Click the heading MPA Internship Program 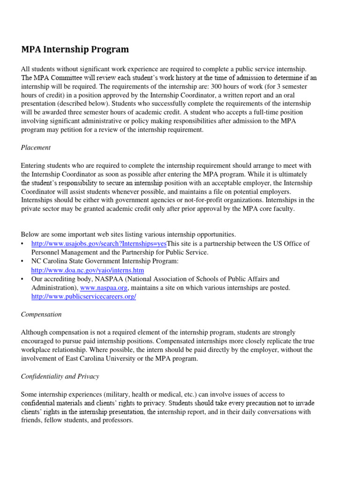(75, 49)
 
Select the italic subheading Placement (36, 147)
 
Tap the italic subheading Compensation (41, 314)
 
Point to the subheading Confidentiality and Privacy (60, 376)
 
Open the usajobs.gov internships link (99, 243)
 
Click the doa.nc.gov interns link (88, 270)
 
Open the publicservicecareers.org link (83, 297)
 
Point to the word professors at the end (118, 420)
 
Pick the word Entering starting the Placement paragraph (34, 165)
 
